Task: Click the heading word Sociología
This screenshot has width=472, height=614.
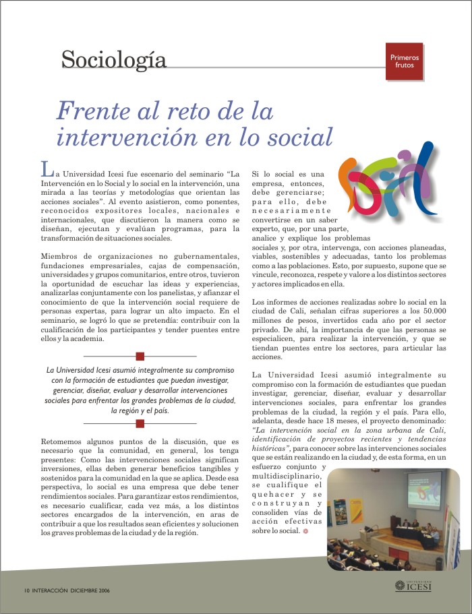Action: point(113,60)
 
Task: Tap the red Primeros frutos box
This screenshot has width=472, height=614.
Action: point(404,61)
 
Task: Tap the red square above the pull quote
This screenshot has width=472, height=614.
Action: point(140,356)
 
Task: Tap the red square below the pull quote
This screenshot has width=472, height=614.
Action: point(140,423)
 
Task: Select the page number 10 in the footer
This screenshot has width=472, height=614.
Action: point(26,590)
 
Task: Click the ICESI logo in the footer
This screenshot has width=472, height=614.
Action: point(412,586)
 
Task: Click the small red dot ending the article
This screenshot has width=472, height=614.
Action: point(305,531)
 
